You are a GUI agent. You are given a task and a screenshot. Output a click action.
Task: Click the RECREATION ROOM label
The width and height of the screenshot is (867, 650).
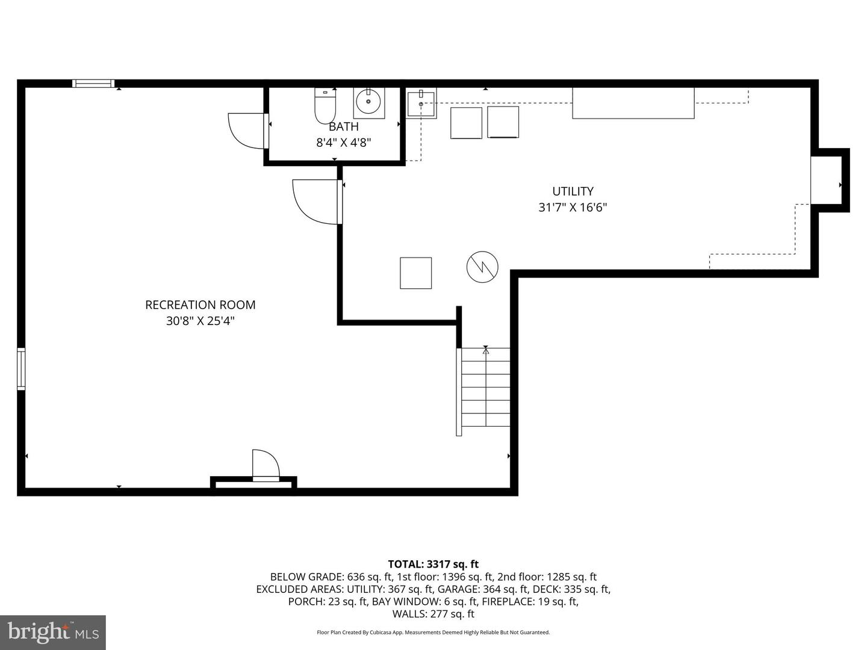(200, 305)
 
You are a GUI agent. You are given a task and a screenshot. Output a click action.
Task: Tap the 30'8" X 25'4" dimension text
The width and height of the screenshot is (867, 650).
(200, 321)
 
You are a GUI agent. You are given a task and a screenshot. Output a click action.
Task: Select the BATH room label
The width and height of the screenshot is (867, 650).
(343, 126)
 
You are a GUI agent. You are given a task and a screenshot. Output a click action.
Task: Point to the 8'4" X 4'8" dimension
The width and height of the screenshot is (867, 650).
(343, 143)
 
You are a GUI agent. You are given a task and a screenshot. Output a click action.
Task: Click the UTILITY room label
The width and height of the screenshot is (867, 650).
(573, 191)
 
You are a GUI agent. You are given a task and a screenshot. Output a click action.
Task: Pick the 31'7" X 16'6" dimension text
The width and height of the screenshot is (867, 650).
(573, 208)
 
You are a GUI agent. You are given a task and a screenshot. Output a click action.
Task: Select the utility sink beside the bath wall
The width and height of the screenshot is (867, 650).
(421, 104)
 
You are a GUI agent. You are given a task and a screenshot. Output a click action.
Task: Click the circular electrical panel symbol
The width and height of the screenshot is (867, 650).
(482, 267)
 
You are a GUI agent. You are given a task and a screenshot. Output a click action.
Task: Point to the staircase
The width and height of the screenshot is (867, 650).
(485, 388)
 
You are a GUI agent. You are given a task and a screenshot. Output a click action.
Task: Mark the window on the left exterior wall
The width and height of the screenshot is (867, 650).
(21, 368)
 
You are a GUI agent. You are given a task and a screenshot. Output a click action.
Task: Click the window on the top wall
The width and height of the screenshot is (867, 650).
(93, 84)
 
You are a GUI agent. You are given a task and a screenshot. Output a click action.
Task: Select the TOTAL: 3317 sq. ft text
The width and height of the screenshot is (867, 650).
(433, 564)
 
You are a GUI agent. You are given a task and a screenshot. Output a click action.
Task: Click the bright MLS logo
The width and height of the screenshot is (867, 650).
(53, 632)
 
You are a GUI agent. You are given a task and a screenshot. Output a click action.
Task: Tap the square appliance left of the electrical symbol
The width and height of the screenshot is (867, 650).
(415, 273)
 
